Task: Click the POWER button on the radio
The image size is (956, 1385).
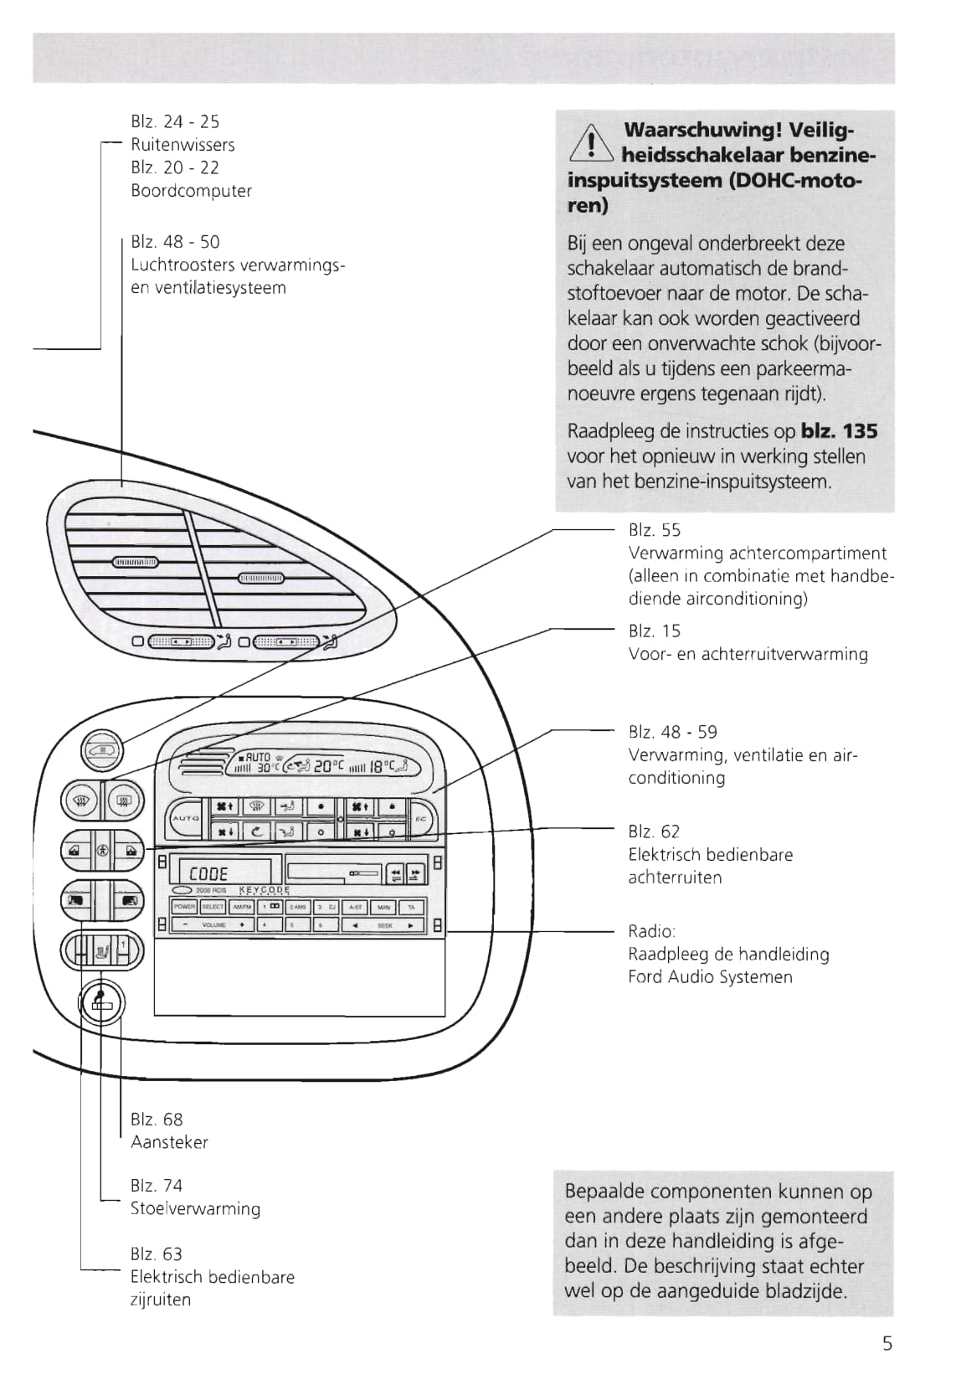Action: (x=184, y=907)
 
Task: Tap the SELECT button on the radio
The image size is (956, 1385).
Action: (x=213, y=907)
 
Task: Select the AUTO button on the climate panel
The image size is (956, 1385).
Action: (x=184, y=817)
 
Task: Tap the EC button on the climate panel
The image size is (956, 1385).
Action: (x=421, y=818)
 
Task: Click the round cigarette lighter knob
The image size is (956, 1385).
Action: (x=101, y=1002)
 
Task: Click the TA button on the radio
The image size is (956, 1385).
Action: (x=411, y=907)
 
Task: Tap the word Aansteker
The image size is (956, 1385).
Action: (x=169, y=1142)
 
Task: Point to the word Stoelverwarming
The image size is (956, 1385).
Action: (x=195, y=1208)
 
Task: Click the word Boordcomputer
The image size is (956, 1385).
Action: (x=191, y=190)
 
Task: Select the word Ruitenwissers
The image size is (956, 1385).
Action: (x=182, y=145)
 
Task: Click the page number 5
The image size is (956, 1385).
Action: (x=887, y=1344)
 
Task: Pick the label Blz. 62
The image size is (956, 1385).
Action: (x=654, y=832)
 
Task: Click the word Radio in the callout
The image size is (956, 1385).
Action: (x=650, y=931)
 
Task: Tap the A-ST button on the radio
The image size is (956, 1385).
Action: (x=356, y=907)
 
